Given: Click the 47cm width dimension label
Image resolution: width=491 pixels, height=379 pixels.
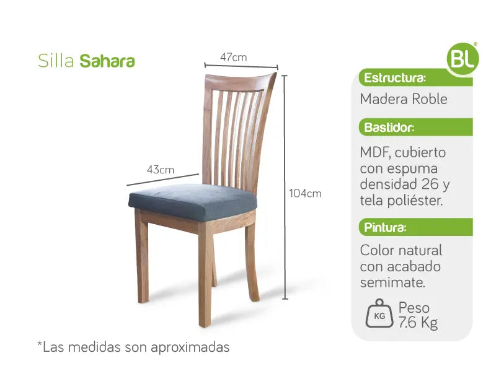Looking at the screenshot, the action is (x=233, y=57).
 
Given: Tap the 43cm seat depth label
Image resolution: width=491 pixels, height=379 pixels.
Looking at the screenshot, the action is (x=161, y=170).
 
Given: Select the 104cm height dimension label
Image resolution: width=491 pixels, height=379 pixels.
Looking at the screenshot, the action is (x=305, y=193).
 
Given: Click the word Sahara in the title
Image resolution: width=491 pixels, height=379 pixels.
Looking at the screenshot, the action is (x=107, y=61).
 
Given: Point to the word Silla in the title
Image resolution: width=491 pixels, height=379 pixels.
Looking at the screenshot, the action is (x=56, y=61).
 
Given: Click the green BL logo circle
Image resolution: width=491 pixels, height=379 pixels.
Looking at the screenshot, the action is (x=462, y=59).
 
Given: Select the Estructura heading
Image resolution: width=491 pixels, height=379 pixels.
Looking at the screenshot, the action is (x=395, y=78).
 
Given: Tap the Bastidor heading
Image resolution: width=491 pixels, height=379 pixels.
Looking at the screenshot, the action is (x=389, y=128).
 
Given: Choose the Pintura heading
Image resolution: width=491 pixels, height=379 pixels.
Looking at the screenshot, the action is (x=385, y=227).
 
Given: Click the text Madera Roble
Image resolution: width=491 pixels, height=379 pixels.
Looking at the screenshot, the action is (x=404, y=99).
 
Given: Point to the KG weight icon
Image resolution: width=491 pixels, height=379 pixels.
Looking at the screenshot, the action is (x=379, y=313).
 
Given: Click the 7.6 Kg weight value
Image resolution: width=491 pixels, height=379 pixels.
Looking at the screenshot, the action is (x=418, y=323).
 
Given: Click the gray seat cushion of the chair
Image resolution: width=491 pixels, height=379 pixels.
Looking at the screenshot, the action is (x=193, y=201).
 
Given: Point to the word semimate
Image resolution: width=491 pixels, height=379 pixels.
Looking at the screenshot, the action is (x=392, y=282).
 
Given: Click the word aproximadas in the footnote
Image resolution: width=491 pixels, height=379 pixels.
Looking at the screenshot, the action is (x=190, y=347).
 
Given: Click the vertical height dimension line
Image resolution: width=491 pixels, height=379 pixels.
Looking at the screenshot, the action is (x=285, y=187).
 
